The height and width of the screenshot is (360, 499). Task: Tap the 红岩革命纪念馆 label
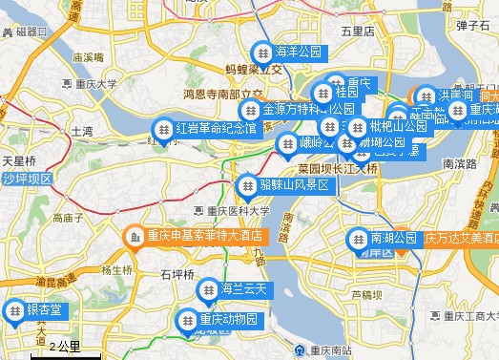(x=216, y=128)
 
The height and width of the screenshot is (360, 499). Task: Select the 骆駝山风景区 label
(x=293, y=184)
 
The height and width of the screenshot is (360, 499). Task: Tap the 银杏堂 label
(x=44, y=309)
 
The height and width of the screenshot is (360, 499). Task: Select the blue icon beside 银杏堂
(x=14, y=309)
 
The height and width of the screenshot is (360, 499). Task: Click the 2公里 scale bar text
(x=64, y=345)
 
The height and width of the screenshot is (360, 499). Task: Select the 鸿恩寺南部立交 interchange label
(x=223, y=95)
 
